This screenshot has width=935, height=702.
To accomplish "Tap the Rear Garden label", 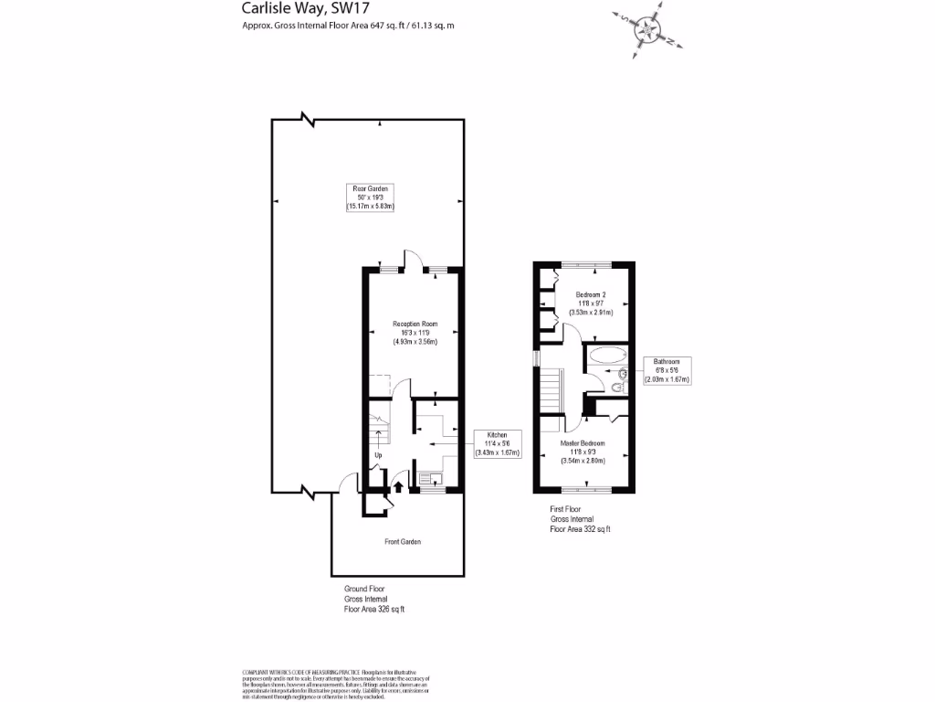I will [x=371, y=197].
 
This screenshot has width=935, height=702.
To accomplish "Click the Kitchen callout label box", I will [x=497, y=443].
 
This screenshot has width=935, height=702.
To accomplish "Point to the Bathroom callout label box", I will [x=667, y=370].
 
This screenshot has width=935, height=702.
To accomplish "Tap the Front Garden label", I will [x=403, y=542].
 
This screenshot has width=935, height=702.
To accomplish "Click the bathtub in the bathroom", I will [x=606, y=356].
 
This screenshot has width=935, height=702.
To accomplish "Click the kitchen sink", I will [x=428, y=477].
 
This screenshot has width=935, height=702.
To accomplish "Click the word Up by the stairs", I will [x=377, y=455].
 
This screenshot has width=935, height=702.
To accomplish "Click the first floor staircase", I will [x=550, y=391].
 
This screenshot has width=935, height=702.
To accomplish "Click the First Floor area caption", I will [x=579, y=519].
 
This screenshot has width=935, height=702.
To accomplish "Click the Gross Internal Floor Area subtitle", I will [x=348, y=26].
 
